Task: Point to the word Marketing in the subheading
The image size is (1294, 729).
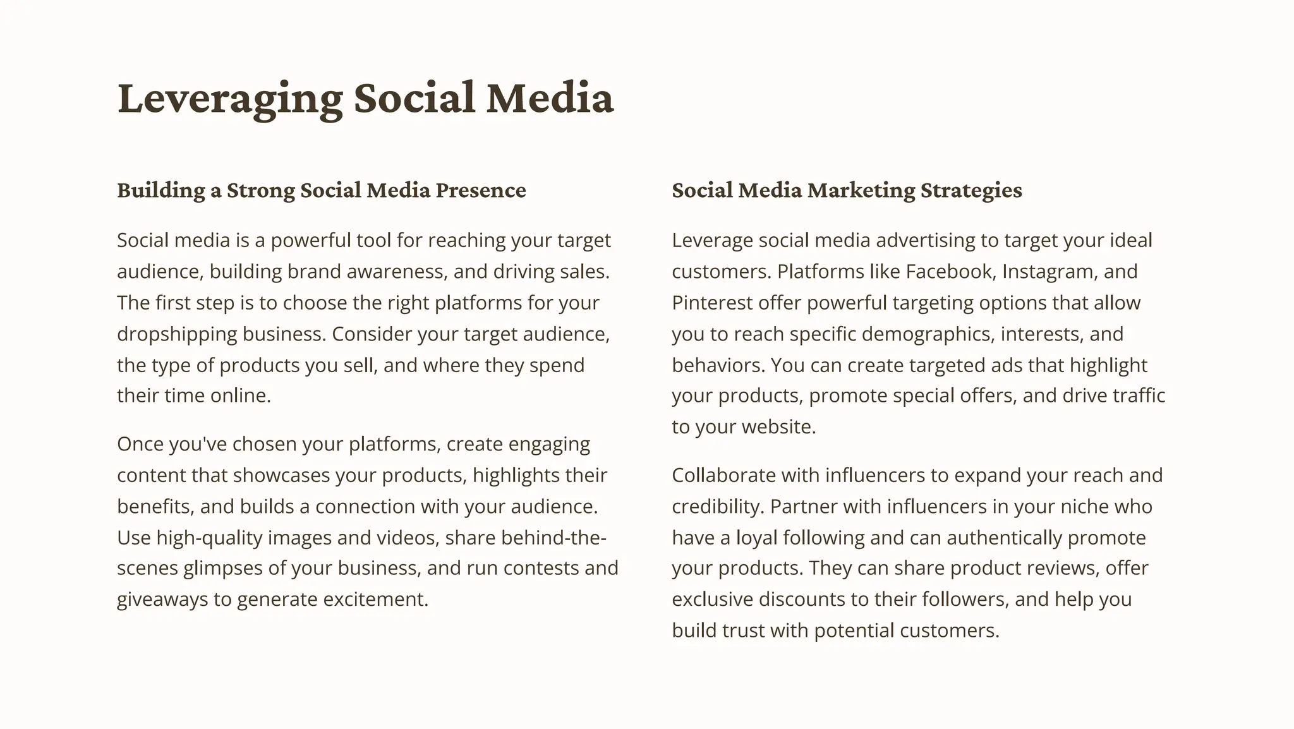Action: [861, 190]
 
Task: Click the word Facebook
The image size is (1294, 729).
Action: [950, 272]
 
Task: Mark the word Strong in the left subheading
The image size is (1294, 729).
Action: [260, 190]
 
